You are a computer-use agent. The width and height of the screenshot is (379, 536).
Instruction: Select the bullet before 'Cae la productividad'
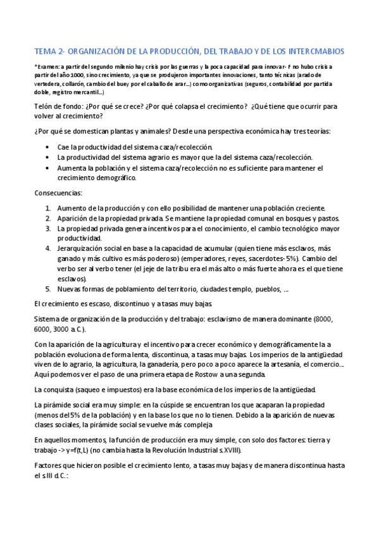tap(49, 147)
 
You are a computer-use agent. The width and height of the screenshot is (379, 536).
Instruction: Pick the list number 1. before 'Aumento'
tap(49, 208)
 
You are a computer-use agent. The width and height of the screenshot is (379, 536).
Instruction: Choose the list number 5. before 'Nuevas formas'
tap(49, 289)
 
